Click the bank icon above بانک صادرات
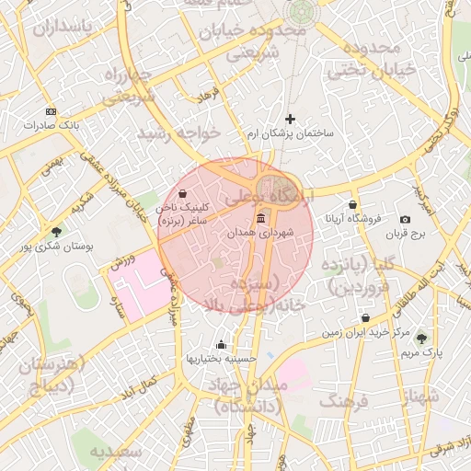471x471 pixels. (x=50, y=110)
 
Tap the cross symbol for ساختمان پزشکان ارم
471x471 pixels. (x=291, y=119)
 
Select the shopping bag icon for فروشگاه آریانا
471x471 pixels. (x=352, y=204)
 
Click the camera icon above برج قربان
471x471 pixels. (x=406, y=219)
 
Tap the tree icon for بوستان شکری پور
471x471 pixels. (x=57, y=232)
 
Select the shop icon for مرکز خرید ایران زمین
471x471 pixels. (x=365, y=317)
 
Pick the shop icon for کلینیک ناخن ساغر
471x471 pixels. (x=181, y=194)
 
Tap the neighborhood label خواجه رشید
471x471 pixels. (x=179, y=134)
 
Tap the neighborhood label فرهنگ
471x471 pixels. (x=344, y=402)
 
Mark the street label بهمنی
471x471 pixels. (x=52, y=167)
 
